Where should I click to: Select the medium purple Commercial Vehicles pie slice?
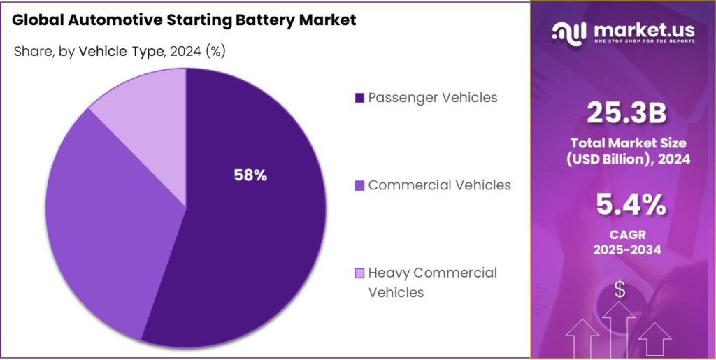tap(112, 224)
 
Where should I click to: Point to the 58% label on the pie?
tap(250, 175)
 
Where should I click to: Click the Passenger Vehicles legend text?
tap(433, 97)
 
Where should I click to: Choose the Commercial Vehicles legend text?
tap(439, 185)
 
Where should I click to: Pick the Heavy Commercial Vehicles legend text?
tap(432, 282)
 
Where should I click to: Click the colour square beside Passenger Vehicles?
tap(359, 98)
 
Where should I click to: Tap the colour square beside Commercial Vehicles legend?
tap(359, 186)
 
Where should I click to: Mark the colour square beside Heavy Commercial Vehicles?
tap(359, 273)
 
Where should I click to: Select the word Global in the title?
tap(37, 20)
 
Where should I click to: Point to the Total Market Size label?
tap(628, 143)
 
